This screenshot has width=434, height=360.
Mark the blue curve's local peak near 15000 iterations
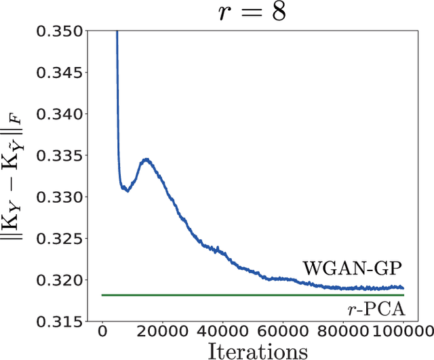tap(146, 160)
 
